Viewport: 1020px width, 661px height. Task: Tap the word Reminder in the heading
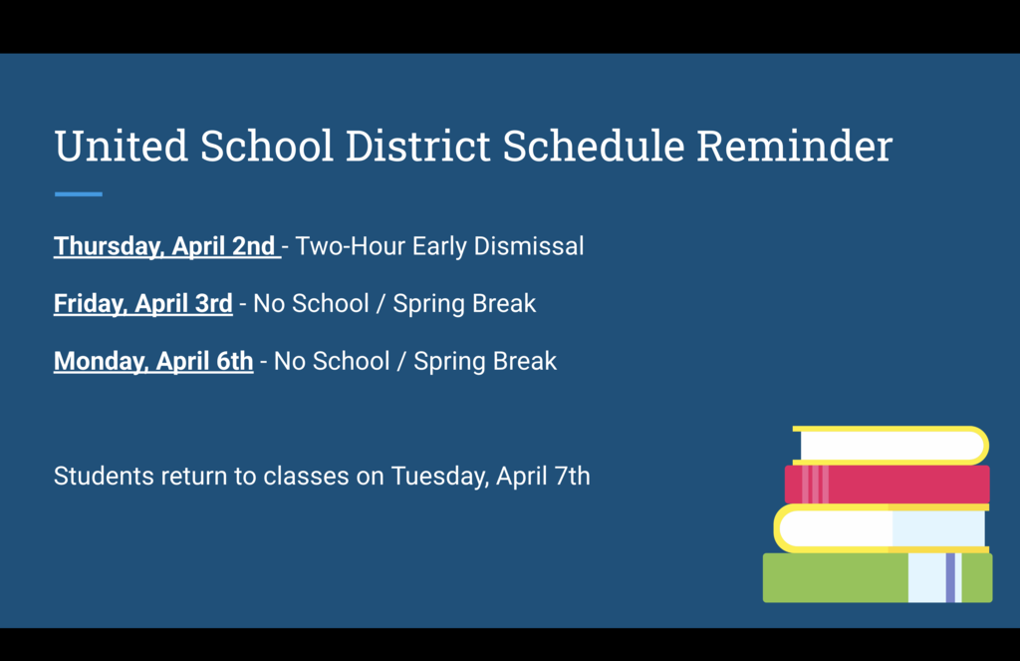[794, 147]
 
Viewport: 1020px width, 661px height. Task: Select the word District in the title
[417, 147]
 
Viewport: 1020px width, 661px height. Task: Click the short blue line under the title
[78, 194]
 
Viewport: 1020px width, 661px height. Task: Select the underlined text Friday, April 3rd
[142, 303]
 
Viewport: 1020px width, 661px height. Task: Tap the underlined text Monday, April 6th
[153, 361]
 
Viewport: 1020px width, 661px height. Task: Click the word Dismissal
[528, 246]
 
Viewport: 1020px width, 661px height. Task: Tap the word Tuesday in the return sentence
[438, 476]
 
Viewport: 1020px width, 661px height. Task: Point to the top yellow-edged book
[892, 445]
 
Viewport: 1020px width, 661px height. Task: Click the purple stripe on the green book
[950, 578]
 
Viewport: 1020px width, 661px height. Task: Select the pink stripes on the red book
[815, 485]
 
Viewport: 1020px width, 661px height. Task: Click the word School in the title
[266, 147]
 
